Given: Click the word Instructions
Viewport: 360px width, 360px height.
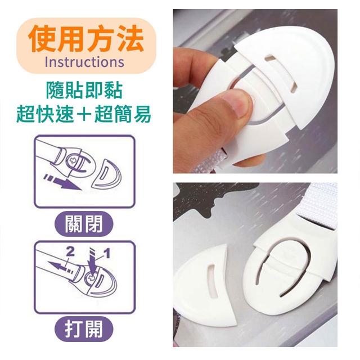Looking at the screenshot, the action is [x=84, y=62].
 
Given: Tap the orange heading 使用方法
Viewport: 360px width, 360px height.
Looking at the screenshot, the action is [x=86, y=39].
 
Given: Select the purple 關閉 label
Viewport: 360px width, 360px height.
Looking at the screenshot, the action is [x=84, y=224].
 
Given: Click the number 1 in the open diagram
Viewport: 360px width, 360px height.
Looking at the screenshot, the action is [x=107, y=254].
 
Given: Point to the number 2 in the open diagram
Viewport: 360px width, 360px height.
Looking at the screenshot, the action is [x=70, y=252].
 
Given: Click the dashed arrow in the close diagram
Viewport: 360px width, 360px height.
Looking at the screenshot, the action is [x=62, y=182].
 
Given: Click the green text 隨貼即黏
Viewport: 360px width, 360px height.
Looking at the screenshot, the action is [x=84, y=91].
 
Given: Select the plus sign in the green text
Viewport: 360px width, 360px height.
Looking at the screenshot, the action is [x=84, y=114].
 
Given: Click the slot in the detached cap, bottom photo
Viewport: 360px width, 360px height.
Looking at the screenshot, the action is [x=212, y=280].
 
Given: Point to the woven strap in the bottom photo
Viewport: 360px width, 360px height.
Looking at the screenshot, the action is [x=319, y=205].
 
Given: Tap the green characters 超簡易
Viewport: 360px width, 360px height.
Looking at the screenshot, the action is [x=123, y=114].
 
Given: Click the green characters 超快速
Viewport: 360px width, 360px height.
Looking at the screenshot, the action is [x=45, y=114].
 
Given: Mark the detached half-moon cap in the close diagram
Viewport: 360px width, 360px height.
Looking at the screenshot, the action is [x=107, y=174].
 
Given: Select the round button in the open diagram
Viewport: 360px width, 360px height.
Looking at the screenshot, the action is [x=91, y=278].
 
